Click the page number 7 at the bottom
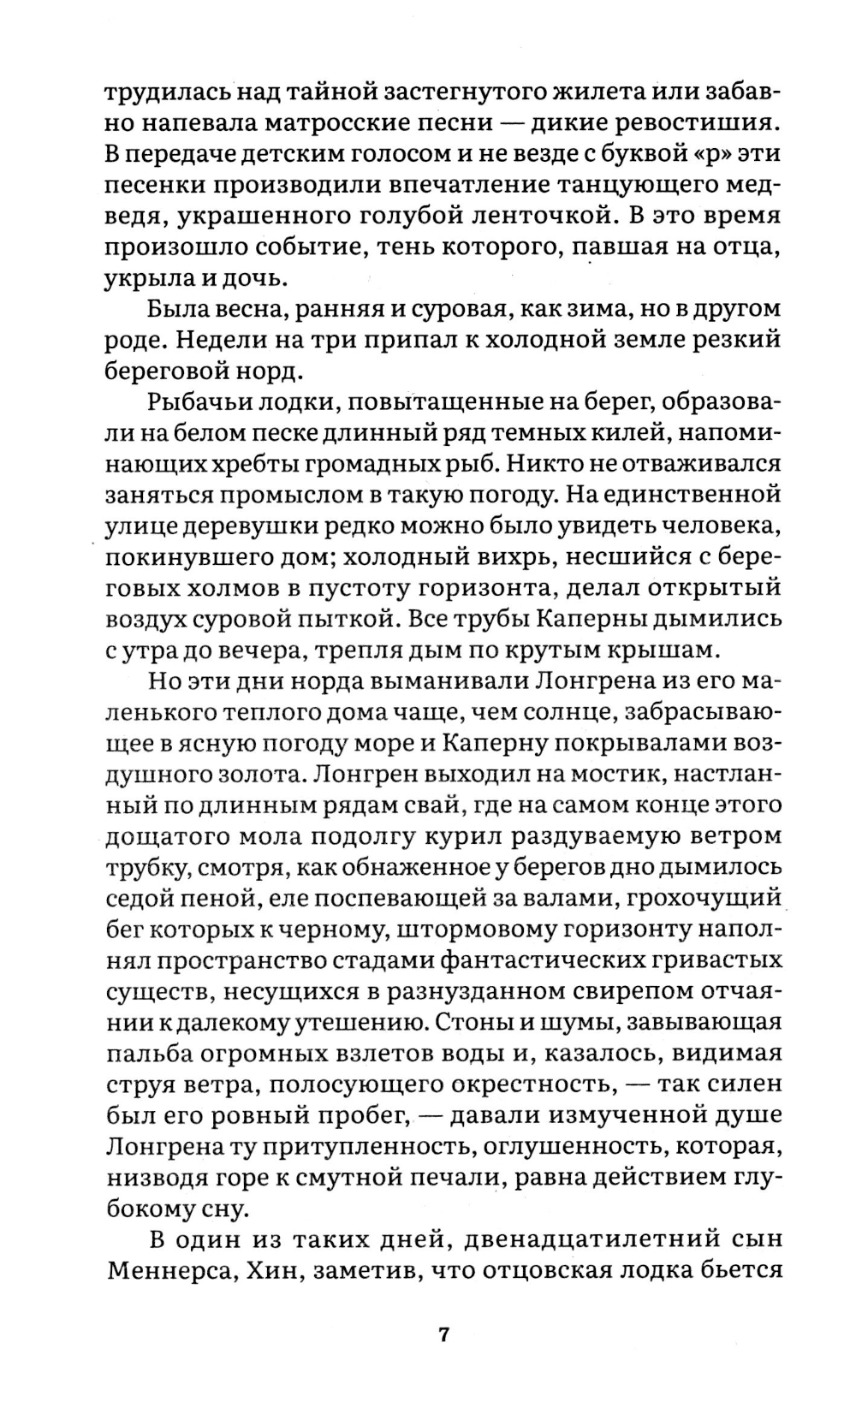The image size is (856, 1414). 443,1336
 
